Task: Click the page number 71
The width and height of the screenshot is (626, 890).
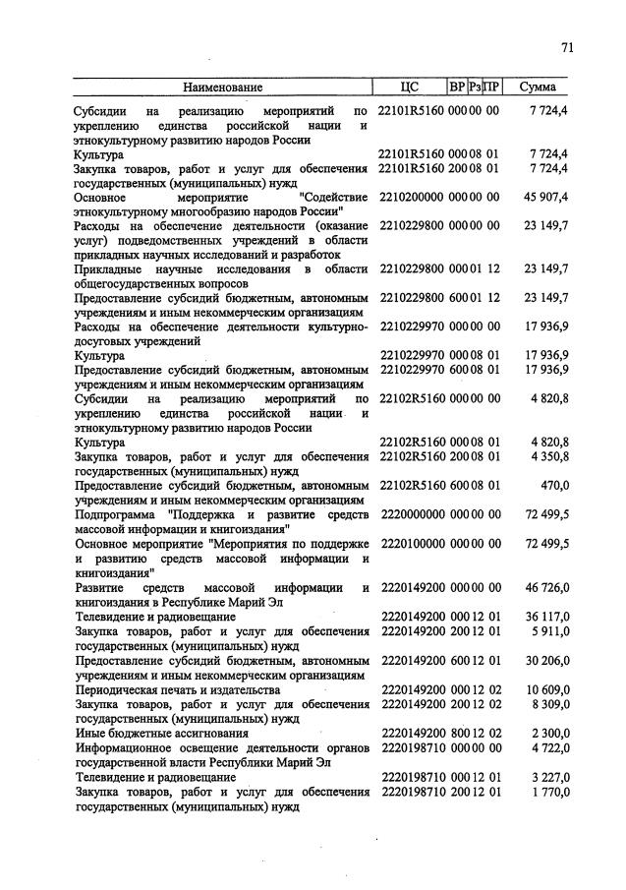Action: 567,46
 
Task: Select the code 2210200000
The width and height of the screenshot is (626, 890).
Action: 411,197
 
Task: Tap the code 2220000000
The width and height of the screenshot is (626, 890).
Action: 411,513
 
